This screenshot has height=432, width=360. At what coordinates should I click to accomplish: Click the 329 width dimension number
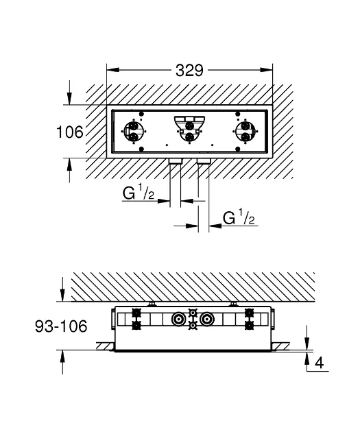click(x=189, y=70)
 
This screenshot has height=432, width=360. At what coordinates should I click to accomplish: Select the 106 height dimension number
click(x=70, y=132)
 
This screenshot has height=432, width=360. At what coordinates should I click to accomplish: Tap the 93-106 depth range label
click(x=61, y=326)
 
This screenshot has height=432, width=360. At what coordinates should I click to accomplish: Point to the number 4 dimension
click(x=319, y=363)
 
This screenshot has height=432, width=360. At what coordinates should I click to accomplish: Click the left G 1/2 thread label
click(x=139, y=192)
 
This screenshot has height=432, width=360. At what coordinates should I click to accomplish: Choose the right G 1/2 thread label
click(x=239, y=217)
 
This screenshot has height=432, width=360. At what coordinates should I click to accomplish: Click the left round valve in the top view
click(x=134, y=132)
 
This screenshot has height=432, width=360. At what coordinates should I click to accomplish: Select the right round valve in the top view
click(x=245, y=132)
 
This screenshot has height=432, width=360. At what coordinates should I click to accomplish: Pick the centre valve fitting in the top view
click(x=189, y=129)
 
